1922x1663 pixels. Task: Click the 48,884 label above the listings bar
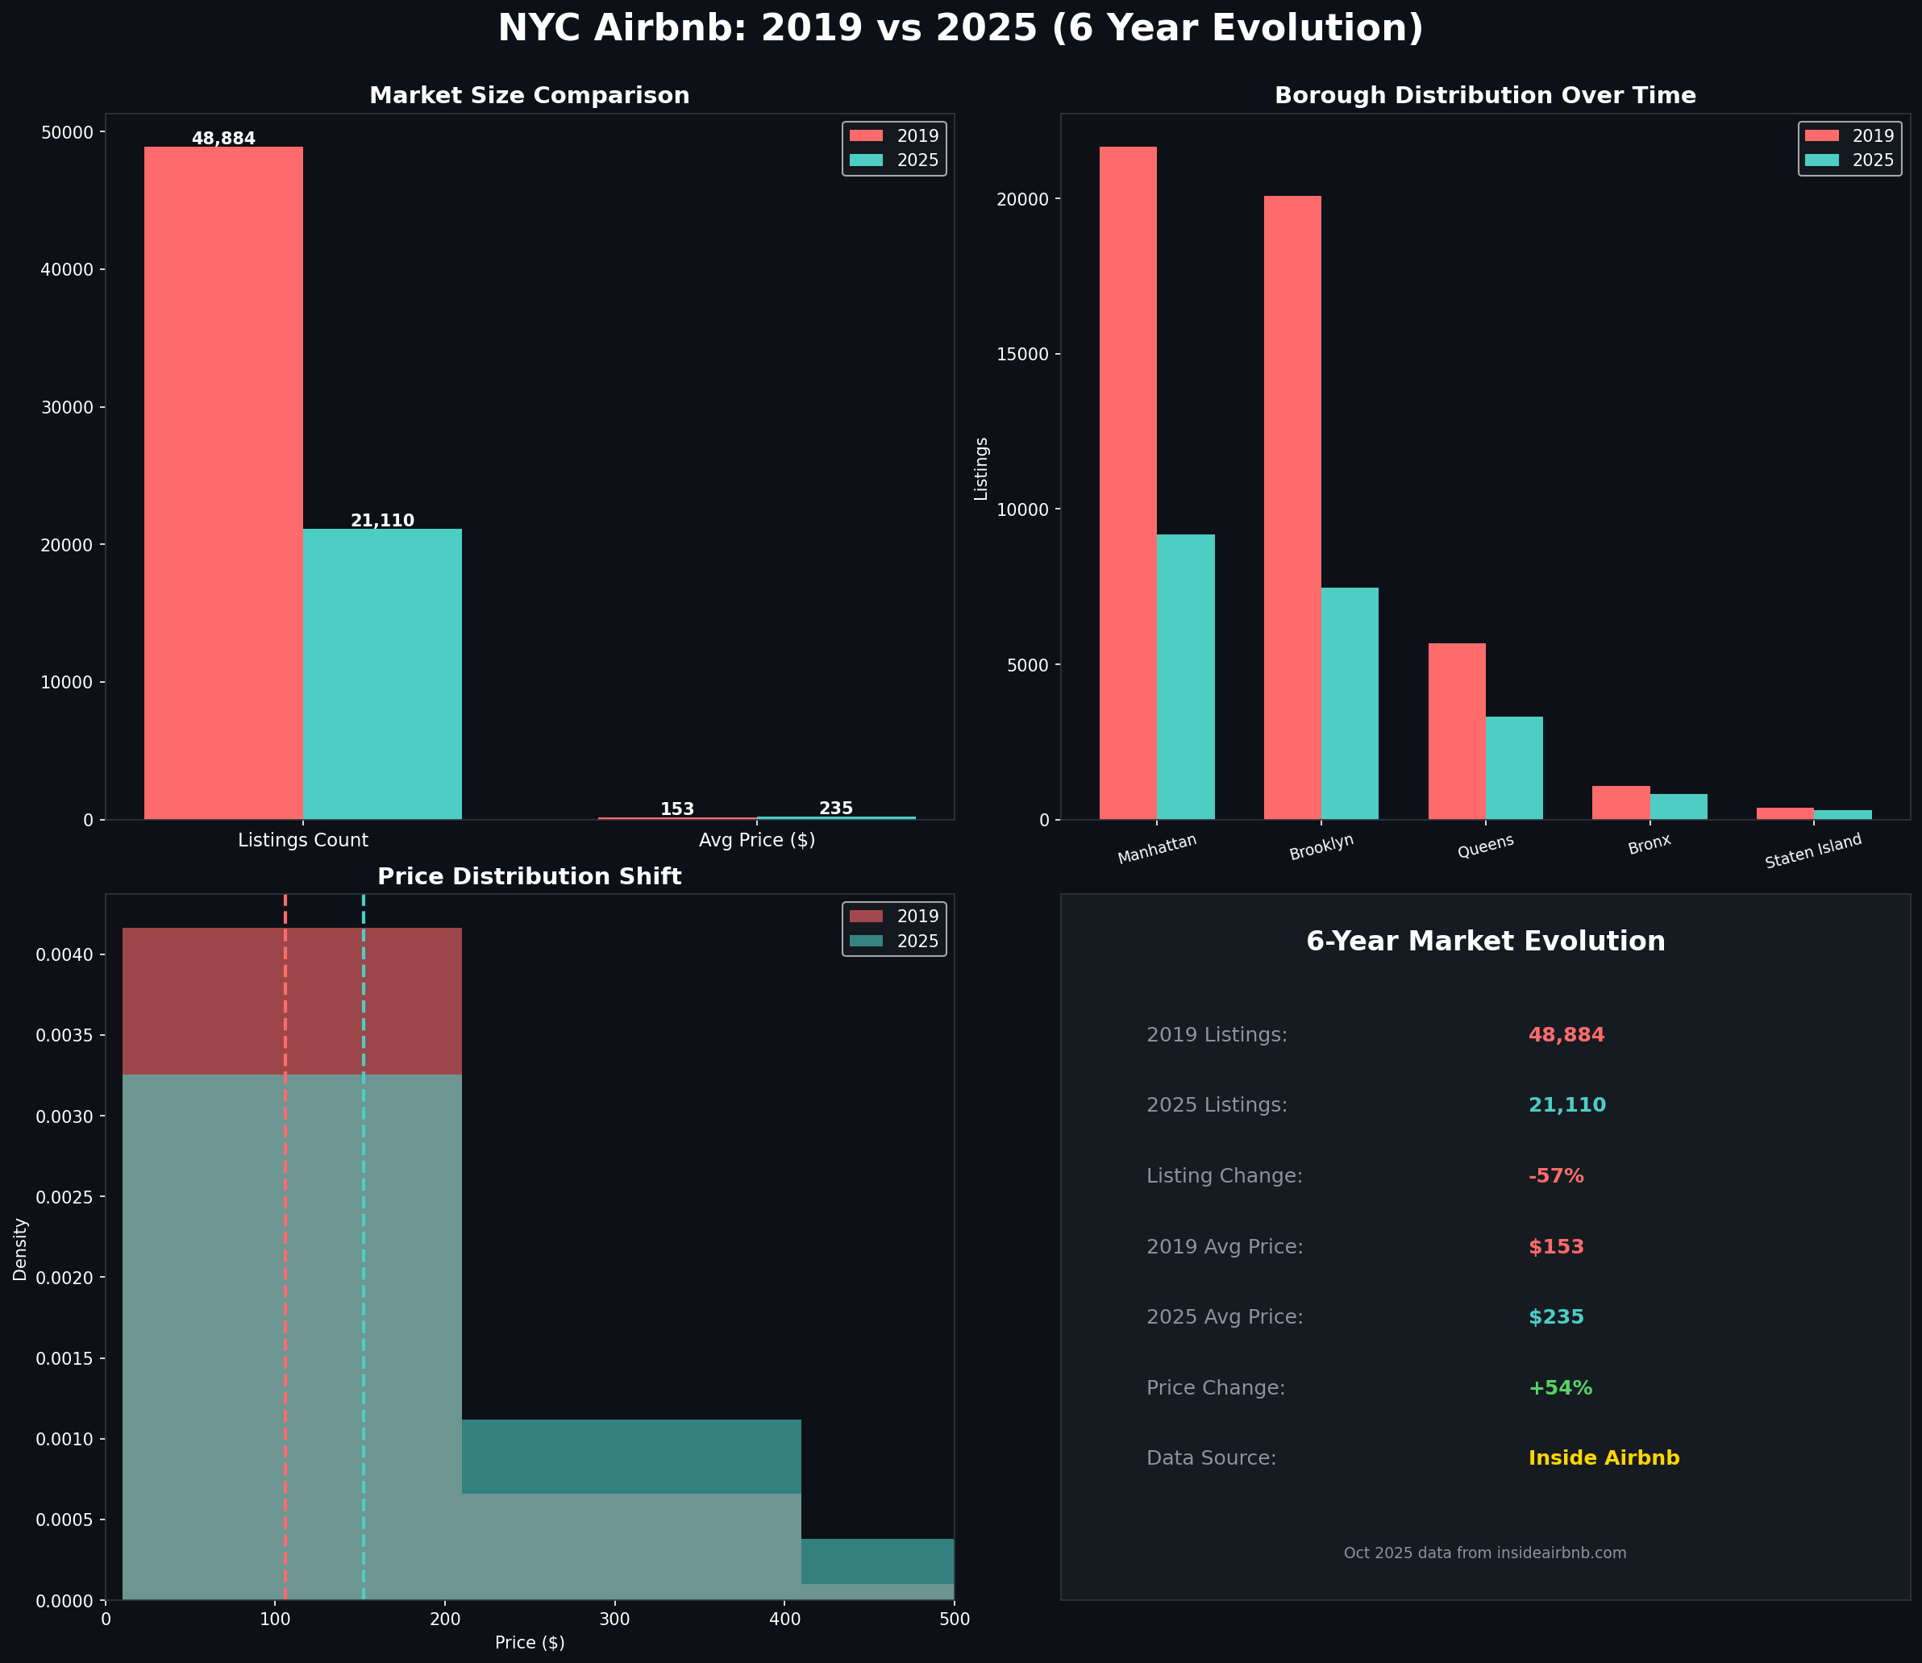tap(223, 139)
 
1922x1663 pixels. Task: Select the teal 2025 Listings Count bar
tap(381, 674)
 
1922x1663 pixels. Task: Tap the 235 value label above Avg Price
tap(835, 809)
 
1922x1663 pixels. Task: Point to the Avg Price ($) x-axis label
tap(756, 841)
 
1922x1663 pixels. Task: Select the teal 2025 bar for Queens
tap(1514, 767)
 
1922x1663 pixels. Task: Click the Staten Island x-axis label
tap(1812, 851)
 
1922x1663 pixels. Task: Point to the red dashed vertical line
tap(285, 1207)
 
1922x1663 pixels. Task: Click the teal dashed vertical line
tap(364, 1207)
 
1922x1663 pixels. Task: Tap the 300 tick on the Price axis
tap(614, 1619)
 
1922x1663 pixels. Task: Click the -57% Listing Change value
tap(1555, 1176)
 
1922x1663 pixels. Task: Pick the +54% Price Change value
tap(1559, 1387)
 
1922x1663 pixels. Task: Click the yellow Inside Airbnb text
tap(1603, 1458)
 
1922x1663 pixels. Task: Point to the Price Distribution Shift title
tap(529, 877)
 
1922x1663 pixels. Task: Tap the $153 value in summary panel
tap(1555, 1246)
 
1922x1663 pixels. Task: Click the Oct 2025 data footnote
tap(1484, 1553)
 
